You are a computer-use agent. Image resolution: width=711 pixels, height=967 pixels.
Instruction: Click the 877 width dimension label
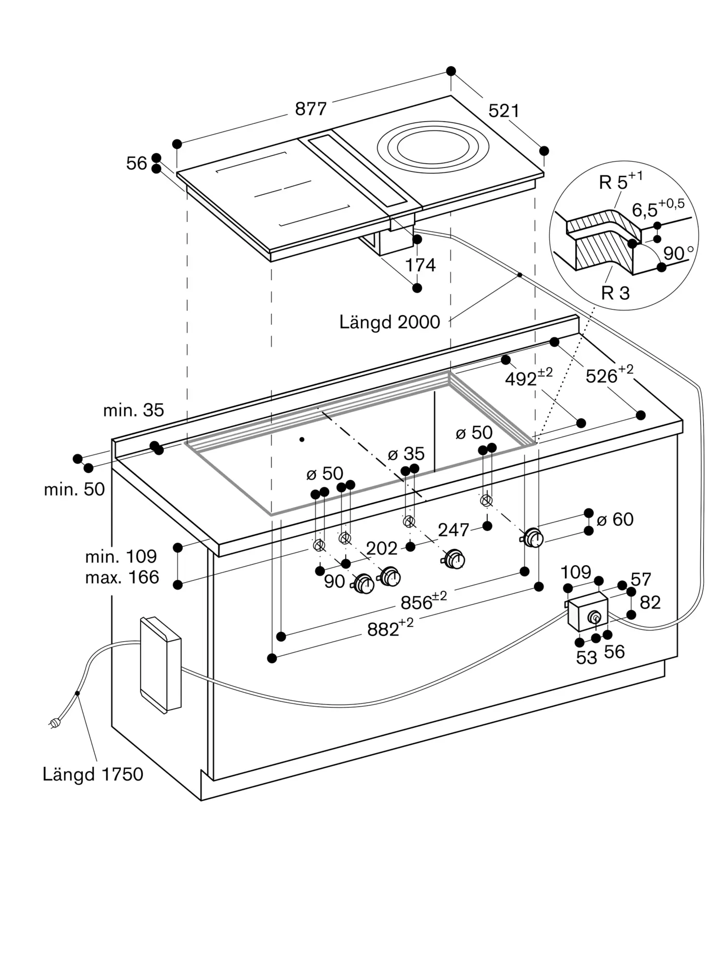click(311, 109)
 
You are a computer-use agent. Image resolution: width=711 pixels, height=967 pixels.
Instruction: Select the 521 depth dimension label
click(504, 111)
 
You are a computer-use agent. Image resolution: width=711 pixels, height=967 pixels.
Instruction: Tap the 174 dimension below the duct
click(420, 265)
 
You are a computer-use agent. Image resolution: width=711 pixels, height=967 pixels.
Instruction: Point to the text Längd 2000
click(390, 322)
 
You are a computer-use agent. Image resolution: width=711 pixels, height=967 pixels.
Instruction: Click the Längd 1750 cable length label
click(93, 774)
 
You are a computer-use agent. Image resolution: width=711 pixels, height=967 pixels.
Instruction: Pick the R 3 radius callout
click(615, 293)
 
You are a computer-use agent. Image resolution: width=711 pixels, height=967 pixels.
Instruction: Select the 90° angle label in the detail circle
click(679, 253)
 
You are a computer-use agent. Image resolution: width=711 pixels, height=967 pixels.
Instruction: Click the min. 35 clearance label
click(133, 410)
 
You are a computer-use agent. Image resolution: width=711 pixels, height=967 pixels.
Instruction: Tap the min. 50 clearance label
click(74, 489)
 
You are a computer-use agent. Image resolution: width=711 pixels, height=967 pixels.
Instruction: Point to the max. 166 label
click(122, 577)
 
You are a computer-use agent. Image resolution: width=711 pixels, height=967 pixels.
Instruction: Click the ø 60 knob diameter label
click(615, 519)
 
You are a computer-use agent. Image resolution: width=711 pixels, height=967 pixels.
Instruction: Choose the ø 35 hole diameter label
click(406, 454)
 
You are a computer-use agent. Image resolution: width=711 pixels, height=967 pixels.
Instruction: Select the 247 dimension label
click(453, 530)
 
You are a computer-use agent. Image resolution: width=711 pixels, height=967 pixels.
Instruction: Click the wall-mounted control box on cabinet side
click(160, 665)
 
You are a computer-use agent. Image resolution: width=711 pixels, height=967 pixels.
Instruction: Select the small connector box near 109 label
click(588, 612)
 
